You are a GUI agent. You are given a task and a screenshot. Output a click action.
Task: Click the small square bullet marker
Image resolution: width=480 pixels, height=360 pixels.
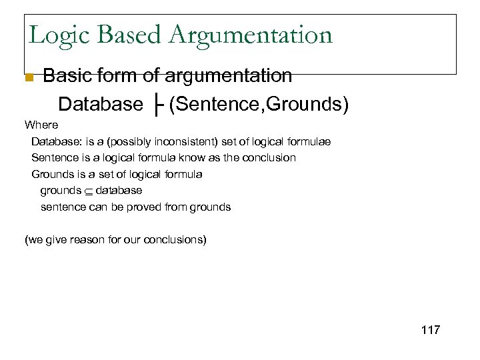tap(28, 77)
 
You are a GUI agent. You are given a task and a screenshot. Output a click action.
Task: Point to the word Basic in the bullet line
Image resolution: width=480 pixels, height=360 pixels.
tap(67, 76)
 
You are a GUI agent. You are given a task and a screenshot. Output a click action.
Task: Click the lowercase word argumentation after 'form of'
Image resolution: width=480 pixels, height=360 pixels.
tap(231, 76)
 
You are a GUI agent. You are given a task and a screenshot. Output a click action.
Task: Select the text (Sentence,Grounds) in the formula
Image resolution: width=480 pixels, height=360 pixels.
tap(259, 105)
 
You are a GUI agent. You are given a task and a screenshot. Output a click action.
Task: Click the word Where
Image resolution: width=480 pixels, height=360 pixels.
tap(41, 125)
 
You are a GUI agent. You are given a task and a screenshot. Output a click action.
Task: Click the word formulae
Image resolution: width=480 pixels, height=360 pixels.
tap(308, 141)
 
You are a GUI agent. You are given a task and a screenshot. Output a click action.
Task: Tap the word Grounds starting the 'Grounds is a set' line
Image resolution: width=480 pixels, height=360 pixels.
tap(52, 174)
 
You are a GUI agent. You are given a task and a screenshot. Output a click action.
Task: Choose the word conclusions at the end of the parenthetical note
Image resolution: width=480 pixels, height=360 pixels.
tap(175, 239)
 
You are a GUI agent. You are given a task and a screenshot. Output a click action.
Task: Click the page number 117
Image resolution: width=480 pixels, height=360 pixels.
tap(431, 330)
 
